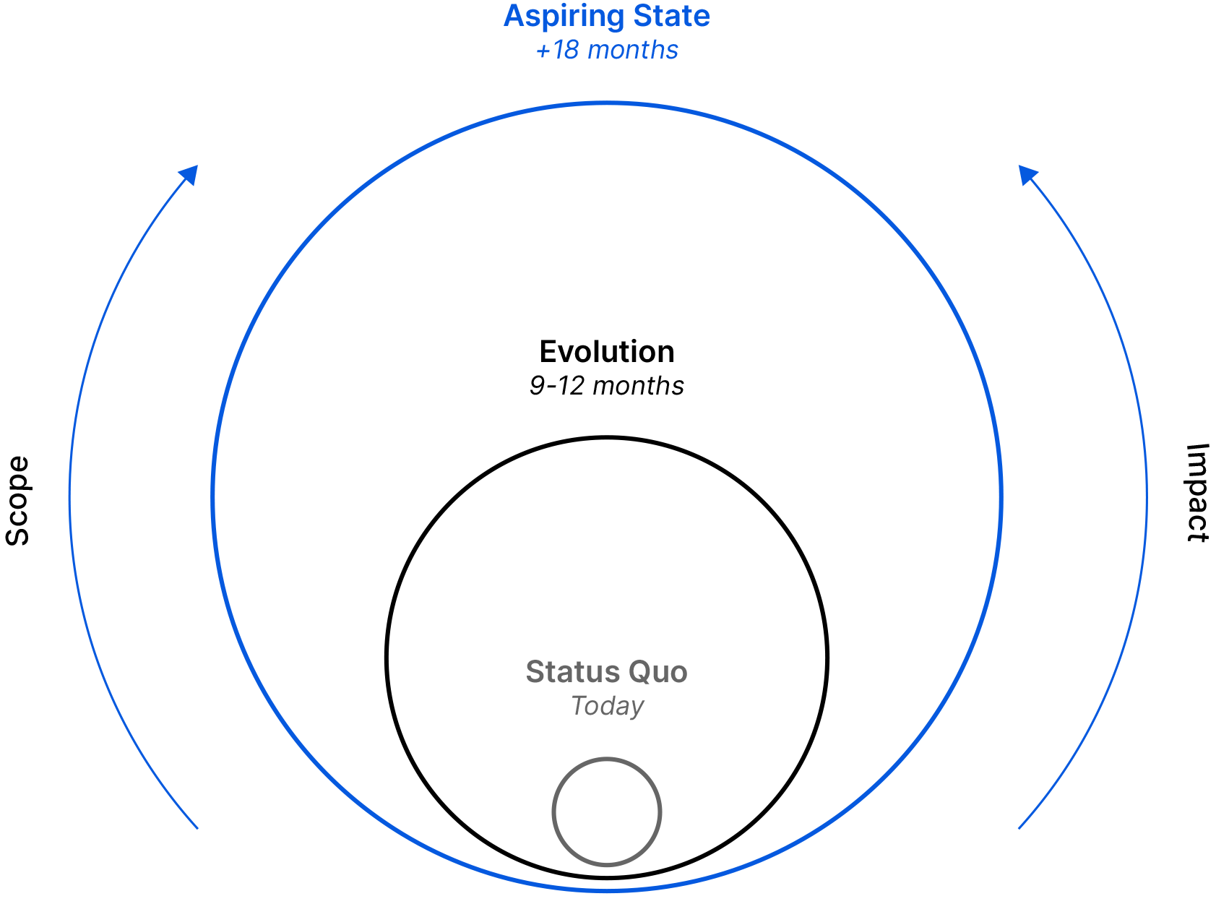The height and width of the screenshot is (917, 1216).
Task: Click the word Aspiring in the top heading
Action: point(564,17)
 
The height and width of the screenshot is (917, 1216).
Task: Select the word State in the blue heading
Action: point(672,16)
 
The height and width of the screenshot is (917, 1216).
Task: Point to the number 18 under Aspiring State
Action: point(566,50)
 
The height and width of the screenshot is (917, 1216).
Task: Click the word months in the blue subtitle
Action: point(633,50)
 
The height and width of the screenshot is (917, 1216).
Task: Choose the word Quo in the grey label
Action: point(658,672)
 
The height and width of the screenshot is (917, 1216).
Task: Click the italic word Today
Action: point(607,706)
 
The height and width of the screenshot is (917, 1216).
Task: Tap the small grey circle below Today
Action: point(607,811)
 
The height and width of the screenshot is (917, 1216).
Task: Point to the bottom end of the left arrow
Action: point(197,828)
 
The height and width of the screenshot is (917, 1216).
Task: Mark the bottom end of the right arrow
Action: point(1019,828)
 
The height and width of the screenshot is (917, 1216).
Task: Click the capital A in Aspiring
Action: point(514,16)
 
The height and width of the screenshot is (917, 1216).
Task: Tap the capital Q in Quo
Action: point(639,672)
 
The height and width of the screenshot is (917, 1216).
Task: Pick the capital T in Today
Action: point(579,705)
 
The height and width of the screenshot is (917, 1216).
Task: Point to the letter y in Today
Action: point(636,709)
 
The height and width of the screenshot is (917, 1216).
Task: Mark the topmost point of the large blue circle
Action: point(607,104)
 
